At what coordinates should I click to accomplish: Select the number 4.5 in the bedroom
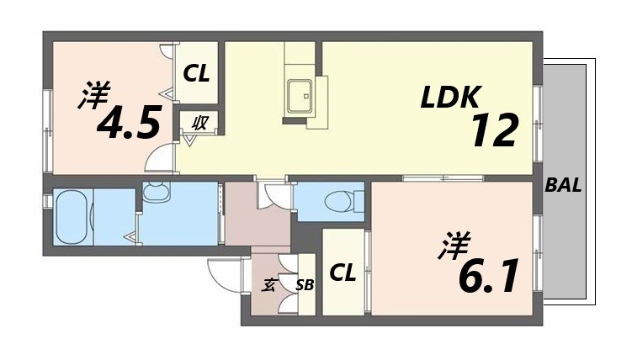click(x=128, y=124)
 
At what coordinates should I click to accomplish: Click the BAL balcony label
click(x=563, y=186)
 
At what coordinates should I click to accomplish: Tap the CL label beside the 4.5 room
click(x=198, y=74)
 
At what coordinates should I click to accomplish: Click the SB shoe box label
click(x=305, y=285)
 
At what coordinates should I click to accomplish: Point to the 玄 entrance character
click(x=269, y=284)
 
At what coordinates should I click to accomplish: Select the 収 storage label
click(x=199, y=122)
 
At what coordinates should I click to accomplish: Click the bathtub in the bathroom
click(x=72, y=216)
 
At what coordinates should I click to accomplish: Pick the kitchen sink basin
click(x=300, y=94)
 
